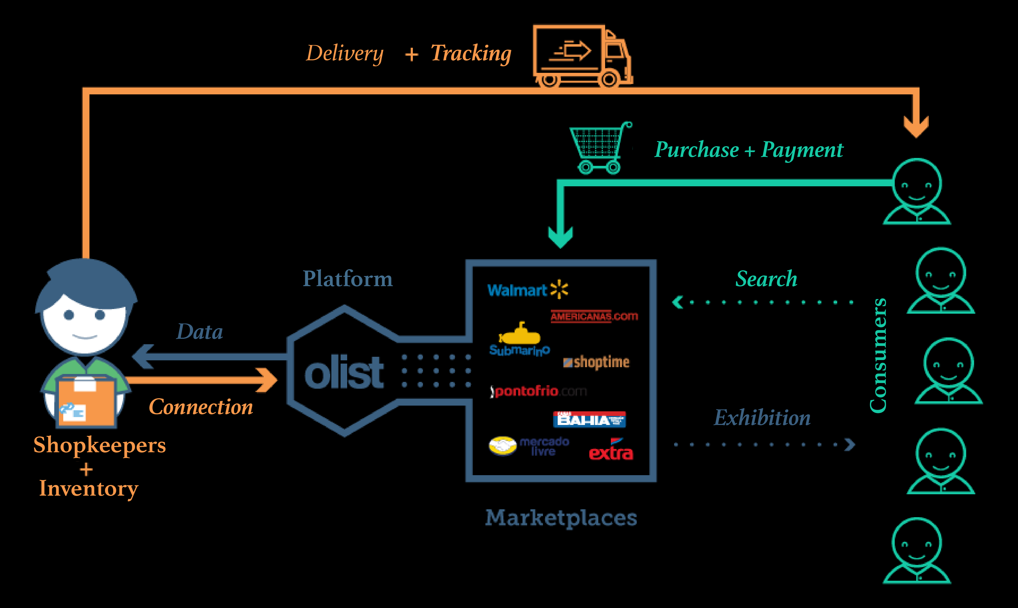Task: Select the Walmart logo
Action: click(x=527, y=290)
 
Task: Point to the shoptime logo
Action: click(x=596, y=362)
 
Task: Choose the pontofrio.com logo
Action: click(x=539, y=391)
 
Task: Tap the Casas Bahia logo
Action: click(x=589, y=420)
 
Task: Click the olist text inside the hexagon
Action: click(x=344, y=373)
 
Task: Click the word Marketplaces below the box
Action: click(x=561, y=518)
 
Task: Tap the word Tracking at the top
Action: click(x=471, y=53)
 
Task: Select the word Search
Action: click(x=766, y=279)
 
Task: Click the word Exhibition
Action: click(x=762, y=418)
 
